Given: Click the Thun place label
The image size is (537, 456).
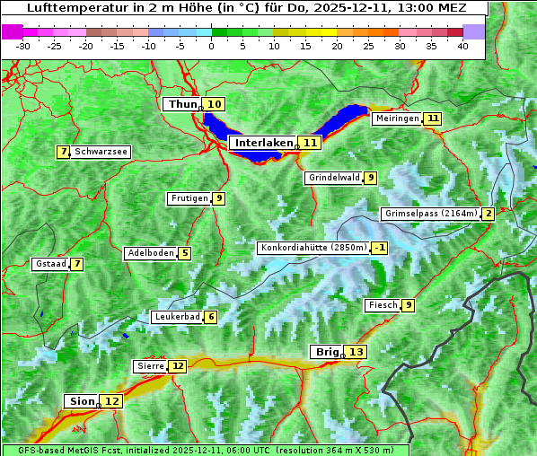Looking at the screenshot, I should pos(182,105).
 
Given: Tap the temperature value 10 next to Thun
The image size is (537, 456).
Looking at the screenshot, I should pos(215,105).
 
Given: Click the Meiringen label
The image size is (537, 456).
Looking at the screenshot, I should pos(397,118).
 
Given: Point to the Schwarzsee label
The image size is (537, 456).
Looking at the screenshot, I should pos(101,153).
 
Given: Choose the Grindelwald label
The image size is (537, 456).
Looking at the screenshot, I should pos(334,178).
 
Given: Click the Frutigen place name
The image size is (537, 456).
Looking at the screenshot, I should pos(189,198).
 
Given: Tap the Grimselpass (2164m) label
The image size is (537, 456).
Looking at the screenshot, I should pos(430,214).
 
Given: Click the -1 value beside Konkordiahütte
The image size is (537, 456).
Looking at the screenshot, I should pos(380,248).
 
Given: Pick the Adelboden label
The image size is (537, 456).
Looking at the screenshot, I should pos(150,253).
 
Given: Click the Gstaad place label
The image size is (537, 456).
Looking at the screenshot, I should pos(50,264).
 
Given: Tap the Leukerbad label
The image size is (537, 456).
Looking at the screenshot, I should pos(176,317).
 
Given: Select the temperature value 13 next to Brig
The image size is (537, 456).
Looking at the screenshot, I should pos(357,352).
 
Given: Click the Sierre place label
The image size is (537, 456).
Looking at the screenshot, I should pos(150,366).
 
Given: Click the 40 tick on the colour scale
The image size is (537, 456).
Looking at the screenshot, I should pos(462,46).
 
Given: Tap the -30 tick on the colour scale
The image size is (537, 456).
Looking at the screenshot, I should pos(22,46).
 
